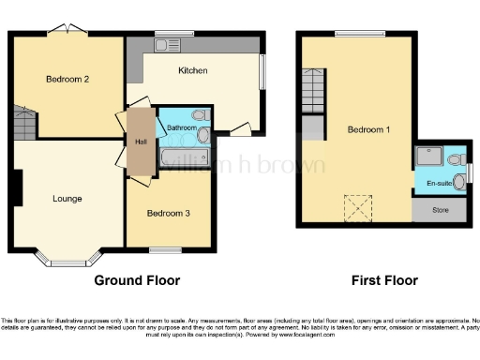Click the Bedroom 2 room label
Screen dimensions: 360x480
coord(67,80)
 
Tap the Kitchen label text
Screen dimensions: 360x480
coord(193,70)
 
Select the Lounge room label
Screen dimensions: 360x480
coord(67,199)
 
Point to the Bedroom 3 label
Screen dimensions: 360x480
coord(169,214)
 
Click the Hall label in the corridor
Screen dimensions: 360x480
coord(141,142)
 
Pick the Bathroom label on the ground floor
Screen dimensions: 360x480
coord(182,127)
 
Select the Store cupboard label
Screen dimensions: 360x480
coord(440,210)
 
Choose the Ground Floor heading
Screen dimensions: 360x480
coord(137,280)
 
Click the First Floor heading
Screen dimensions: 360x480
coord(384,280)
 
